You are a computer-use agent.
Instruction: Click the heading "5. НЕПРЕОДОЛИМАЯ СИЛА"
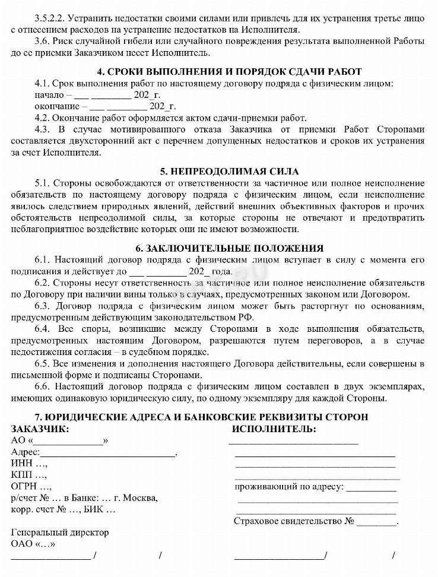click(218, 172)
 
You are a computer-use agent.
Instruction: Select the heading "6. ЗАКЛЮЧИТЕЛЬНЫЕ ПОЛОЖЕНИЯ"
click(218, 248)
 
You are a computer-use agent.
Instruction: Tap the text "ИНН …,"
click(29, 464)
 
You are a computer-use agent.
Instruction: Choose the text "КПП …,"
click(29, 475)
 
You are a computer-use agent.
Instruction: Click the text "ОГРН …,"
click(31, 486)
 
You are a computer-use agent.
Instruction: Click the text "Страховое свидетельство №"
click(294, 521)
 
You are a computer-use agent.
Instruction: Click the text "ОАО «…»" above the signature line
click(33, 544)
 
